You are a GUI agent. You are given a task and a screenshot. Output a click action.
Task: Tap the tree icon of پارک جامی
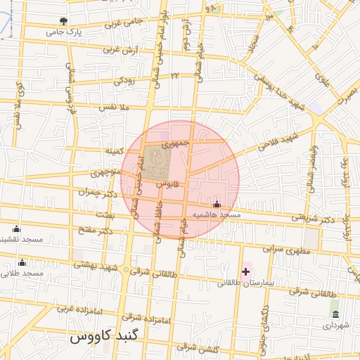[x=64, y=22]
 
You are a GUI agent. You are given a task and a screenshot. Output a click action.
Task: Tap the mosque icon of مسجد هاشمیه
[x=216, y=204]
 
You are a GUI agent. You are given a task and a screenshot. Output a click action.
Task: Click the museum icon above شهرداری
[x=335, y=314]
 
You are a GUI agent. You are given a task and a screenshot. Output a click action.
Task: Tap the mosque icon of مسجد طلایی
[x=21, y=263]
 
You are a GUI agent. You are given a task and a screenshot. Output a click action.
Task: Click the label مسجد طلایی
[x=22, y=274]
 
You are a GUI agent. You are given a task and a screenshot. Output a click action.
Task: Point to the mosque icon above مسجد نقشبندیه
[x=16, y=229]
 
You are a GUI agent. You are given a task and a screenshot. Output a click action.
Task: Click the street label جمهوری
[x=176, y=143]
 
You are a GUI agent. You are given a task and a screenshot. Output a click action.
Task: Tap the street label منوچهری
[x=106, y=172]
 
